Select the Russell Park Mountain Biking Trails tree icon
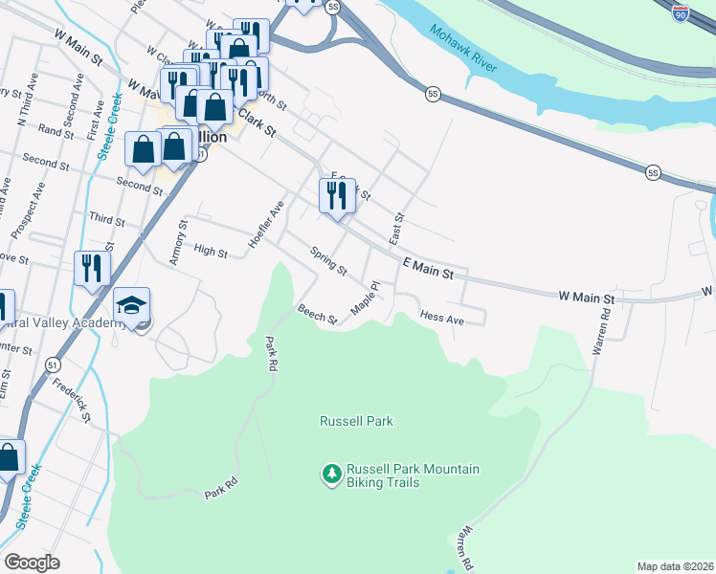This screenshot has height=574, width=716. point(331,474)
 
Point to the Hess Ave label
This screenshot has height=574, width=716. point(442,318)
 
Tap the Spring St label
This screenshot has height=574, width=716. point(328,259)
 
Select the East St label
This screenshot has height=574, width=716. point(396,227)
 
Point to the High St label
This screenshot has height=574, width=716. point(210,254)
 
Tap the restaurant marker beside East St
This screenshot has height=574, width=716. point(337,197)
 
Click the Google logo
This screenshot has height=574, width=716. point(32,563)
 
